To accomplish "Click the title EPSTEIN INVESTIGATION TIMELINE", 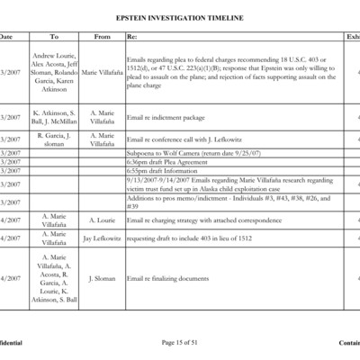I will click(x=179, y=18).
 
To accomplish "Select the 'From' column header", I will click(x=102, y=37).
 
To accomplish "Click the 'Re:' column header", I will click(x=132, y=37).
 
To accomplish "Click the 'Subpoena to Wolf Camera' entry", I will click(x=196, y=154).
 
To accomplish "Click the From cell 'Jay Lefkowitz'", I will click(x=102, y=238).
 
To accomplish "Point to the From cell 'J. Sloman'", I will click(x=102, y=279).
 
